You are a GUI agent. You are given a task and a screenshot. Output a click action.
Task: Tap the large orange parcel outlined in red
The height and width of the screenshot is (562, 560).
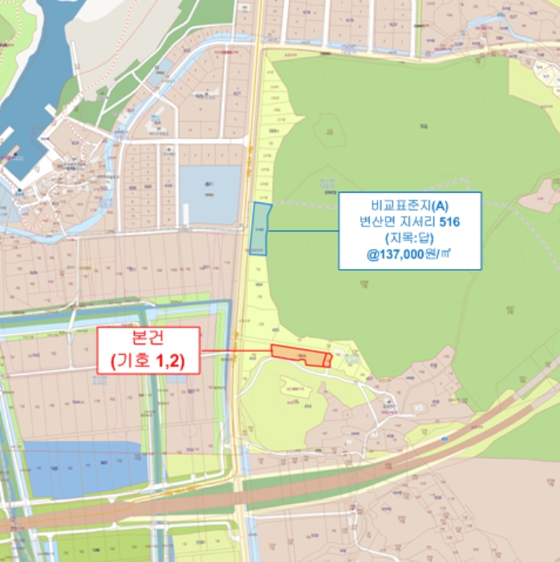pyautogui.click(x=298, y=355)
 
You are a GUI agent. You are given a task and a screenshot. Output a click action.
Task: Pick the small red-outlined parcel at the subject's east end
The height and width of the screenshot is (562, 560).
pyautogui.click(x=327, y=360)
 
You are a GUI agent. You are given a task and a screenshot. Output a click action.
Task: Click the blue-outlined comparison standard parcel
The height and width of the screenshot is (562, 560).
pyautogui.click(x=259, y=227)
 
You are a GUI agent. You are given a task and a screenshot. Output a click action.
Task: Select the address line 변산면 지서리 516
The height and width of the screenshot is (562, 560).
pyautogui.click(x=409, y=222)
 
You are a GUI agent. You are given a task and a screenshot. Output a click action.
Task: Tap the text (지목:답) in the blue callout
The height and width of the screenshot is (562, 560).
pyautogui.click(x=409, y=239)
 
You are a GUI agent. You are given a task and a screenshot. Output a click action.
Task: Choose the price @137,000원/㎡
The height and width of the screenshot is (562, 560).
pyautogui.click(x=409, y=258)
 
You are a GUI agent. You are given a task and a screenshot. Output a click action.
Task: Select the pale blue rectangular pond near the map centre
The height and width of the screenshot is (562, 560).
pyautogui.click(x=209, y=194)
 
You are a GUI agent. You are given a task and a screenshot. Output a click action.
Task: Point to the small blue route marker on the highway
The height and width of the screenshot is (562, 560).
pyautogui.click(x=444, y=439)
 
